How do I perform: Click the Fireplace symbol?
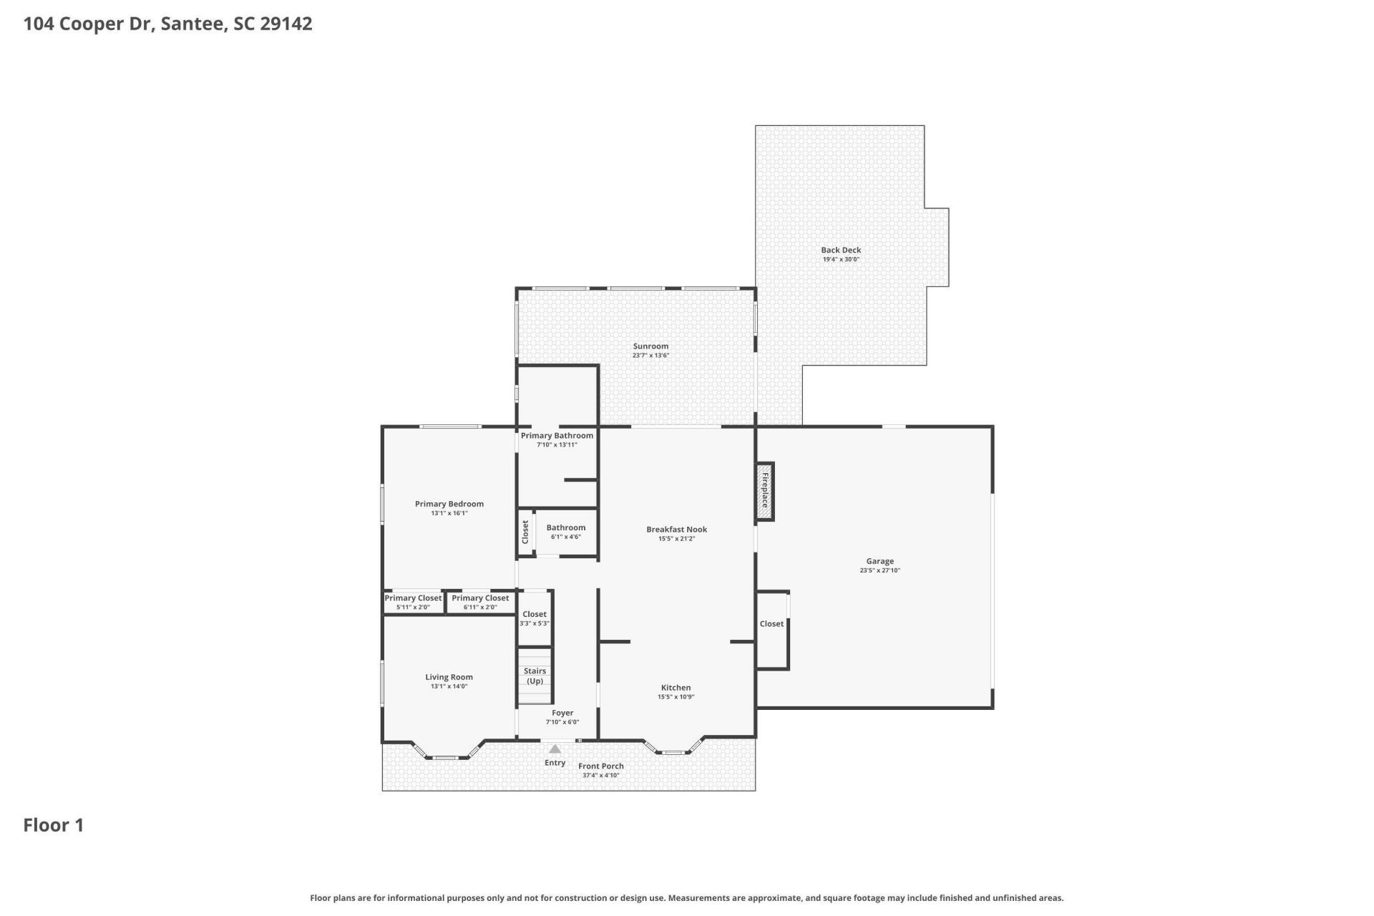pyautogui.click(x=765, y=491)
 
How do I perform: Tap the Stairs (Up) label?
pyautogui.click(x=535, y=676)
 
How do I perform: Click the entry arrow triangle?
pyautogui.click(x=555, y=749)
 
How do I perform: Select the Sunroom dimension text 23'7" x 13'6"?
pyautogui.click(x=651, y=356)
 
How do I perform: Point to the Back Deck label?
pyautogui.click(x=841, y=250)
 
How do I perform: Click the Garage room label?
pyautogui.click(x=880, y=562)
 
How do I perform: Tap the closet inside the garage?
pyautogui.click(x=771, y=624)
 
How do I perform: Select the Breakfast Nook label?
pyautogui.click(x=676, y=530)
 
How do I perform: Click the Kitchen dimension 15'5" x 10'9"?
pyautogui.click(x=676, y=697)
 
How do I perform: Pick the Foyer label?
pyautogui.click(x=562, y=713)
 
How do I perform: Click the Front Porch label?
pyautogui.click(x=601, y=766)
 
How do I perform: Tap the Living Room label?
pyautogui.click(x=449, y=677)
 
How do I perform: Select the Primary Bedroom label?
pyautogui.click(x=449, y=504)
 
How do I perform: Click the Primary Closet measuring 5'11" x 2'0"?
pyautogui.click(x=413, y=602)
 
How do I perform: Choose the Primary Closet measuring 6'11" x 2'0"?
pyautogui.click(x=480, y=602)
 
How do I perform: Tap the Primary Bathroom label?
pyautogui.click(x=557, y=436)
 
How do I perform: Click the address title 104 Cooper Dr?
pyautogui.click(x=167, y=24)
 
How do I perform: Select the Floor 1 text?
pyautogui.click(x=54, y=825)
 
